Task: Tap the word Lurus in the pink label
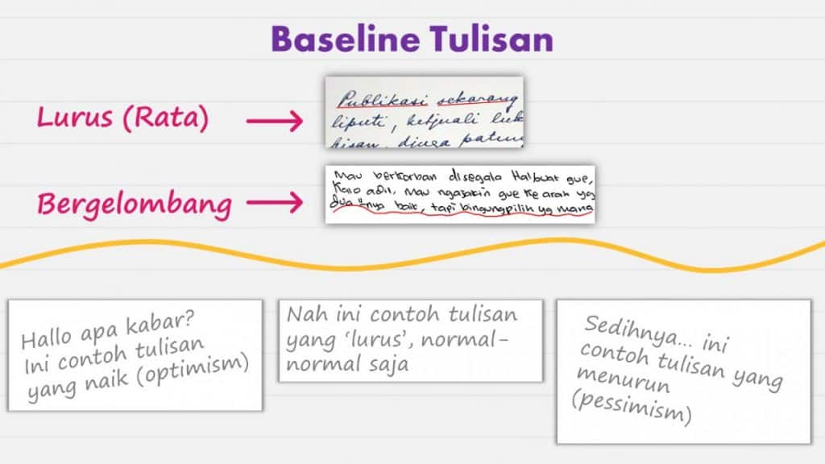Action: pos(74,118)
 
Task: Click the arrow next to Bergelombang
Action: pos(274,204)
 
